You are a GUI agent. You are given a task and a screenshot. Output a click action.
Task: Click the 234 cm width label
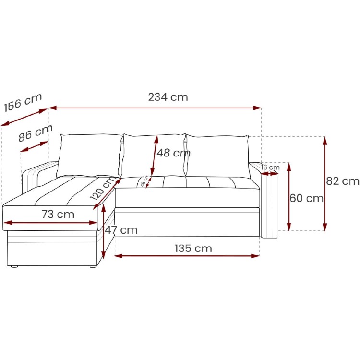(x=168, y=97)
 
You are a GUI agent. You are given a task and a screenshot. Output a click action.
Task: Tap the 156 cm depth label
(x=23, y=103)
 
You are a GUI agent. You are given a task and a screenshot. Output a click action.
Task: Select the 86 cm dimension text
(x=36, y=133)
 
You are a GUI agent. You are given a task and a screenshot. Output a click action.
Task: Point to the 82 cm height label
(x=343, y=181)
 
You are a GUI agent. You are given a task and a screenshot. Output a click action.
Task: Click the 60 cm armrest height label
(x=307, y=198)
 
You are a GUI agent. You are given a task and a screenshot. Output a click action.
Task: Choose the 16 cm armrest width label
(x=270, y=167)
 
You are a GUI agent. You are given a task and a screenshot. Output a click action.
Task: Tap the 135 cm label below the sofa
(x=193, y=248)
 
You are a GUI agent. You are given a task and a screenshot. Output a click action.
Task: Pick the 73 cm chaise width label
(x=58, y=214)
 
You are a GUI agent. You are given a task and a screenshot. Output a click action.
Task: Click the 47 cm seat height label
(x=121, y=230)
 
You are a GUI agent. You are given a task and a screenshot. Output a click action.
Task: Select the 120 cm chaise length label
(x=103, y=188)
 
